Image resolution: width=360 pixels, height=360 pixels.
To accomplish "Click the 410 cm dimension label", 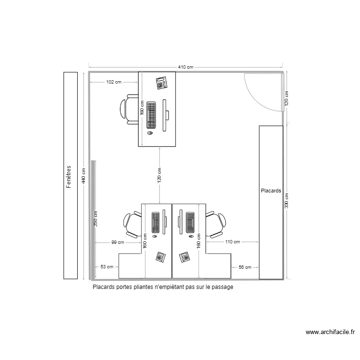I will (x=186, y=67).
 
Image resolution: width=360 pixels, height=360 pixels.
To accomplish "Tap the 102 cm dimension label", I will (x=114, y=82).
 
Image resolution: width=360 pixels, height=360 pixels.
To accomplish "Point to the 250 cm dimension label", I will (x=96, y=218).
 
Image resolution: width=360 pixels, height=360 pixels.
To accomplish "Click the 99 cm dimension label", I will (x=118, y=242).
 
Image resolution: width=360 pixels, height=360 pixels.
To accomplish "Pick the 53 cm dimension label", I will (x=107, y=267).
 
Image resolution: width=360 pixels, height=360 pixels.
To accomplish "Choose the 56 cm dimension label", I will (x=245, y=267).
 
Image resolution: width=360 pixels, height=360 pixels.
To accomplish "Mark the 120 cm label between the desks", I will (x=159, y=175).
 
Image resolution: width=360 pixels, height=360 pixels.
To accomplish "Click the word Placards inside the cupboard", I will (x=271, y=191).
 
